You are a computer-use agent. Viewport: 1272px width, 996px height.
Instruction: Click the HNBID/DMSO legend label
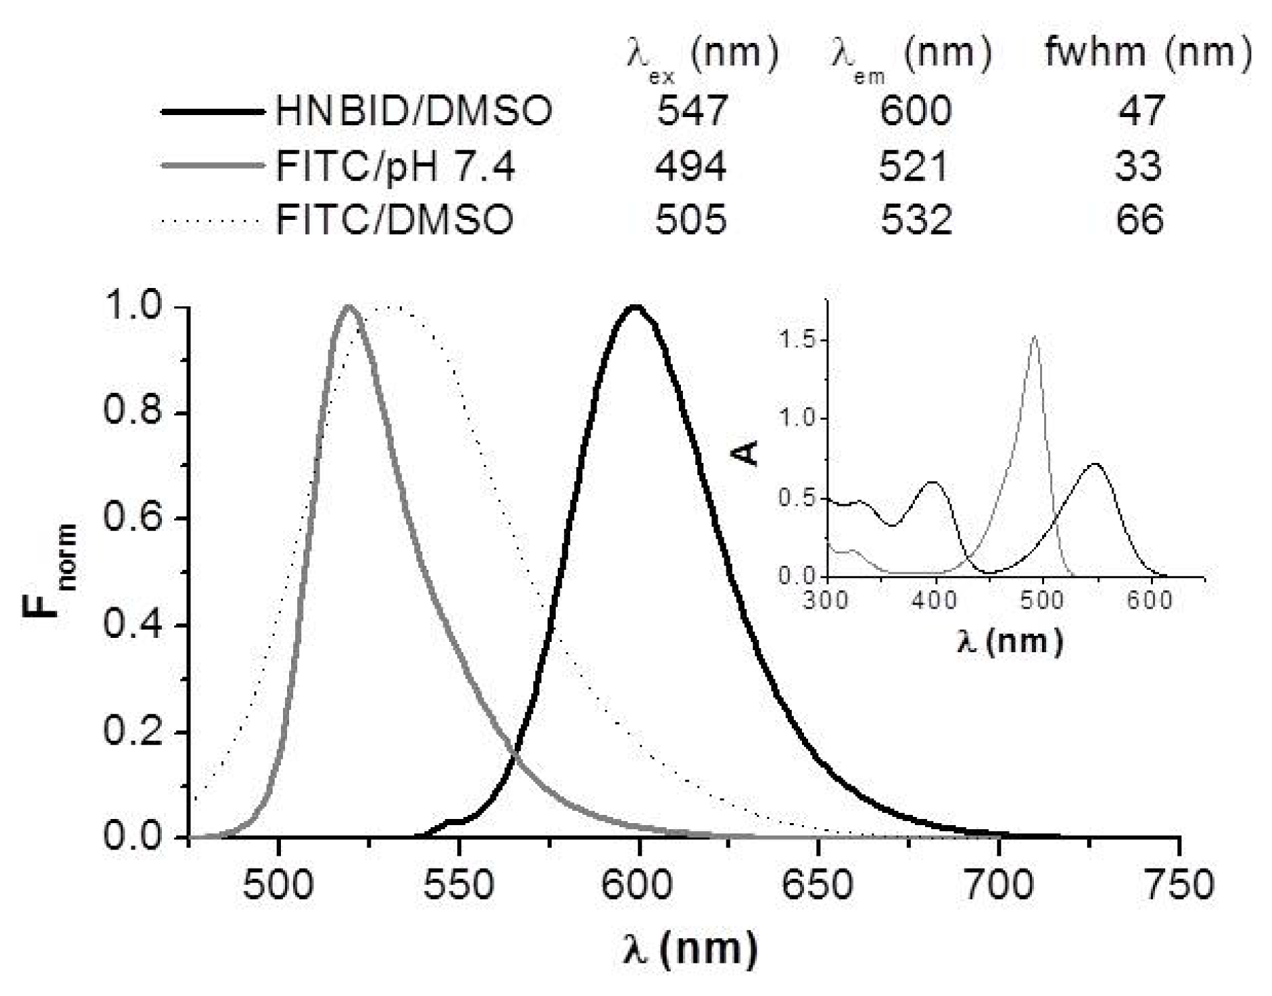tap(414, 111)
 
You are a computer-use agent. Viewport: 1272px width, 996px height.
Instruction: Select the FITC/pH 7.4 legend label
tap(395, 166)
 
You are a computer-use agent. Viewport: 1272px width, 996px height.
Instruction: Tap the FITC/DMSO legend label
tap(395, 220)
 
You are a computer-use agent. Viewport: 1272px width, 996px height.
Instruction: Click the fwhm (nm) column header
tap(1148, 52)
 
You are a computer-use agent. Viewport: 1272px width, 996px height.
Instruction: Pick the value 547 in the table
tap(692, 111)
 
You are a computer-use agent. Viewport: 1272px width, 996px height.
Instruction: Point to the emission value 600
tap(915, 111)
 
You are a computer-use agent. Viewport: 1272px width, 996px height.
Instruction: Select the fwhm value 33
tap(1138, 166)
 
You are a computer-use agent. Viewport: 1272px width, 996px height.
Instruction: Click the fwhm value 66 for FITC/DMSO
tap(1139, 220)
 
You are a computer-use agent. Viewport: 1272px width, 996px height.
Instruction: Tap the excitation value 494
tap(690, 166)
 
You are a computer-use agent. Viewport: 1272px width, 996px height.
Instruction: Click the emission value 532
tap(916, 220)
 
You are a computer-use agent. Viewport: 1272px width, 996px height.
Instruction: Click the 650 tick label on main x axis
tap(817, 885)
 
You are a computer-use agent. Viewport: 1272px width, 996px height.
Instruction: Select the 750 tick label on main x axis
tap(1178, 885)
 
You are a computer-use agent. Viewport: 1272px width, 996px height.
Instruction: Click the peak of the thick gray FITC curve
tap(349, 307)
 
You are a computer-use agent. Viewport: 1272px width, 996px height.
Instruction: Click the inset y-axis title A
tap(748, 452)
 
